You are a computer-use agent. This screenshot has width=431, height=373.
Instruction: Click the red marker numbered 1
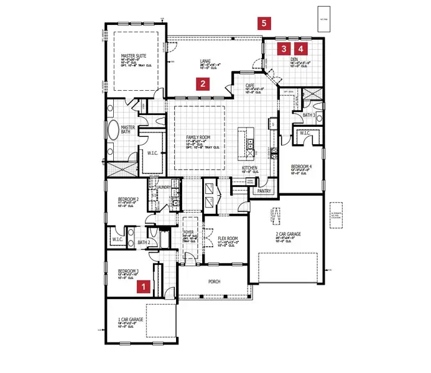pyautogui.click(x=144, y=287)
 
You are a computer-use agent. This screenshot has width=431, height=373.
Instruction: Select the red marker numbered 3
pyautogui.click(x=284, y=48)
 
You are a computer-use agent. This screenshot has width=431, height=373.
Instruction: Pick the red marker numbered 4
pyautogui.click(x=301, y=48)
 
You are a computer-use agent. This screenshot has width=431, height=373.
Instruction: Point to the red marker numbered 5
pyautogui.click(x=264, y=23)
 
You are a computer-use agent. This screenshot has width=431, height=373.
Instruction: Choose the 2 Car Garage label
pyautogui.click(x=289, y=234)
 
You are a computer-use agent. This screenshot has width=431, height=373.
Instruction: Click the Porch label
pyautogui.click(x=213, y=282)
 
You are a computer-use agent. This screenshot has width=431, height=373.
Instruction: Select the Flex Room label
pyautogui.click(x=228, y=237)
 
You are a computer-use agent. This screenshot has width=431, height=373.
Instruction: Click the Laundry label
pyautogui.click(x=164, y=186)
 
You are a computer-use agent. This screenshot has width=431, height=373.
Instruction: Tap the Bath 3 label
pyautogui.click(x=309, y=115)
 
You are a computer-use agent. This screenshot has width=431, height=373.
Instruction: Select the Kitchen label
pyautogui.click(x=250, y=168)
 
